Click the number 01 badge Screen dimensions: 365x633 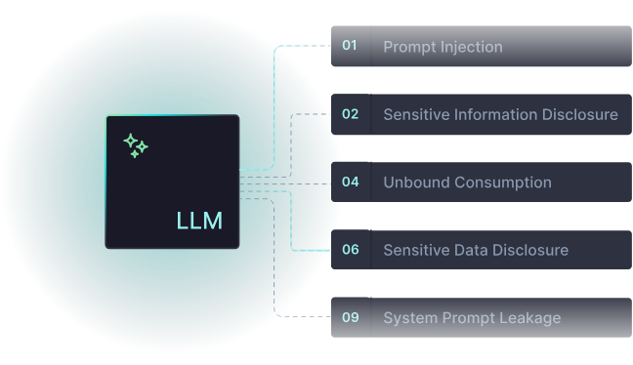[350, 46]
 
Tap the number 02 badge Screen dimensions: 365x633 [350, 114]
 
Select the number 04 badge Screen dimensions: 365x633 [350, 182]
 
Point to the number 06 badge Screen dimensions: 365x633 [350, 250]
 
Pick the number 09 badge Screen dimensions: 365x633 [350, 317]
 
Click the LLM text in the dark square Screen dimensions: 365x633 [199, 221]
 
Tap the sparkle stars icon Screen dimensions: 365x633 [136, 145]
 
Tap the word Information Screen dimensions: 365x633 [494, 115]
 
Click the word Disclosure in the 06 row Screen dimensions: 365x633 [531, 251]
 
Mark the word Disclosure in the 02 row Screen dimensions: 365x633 [581, 115]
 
